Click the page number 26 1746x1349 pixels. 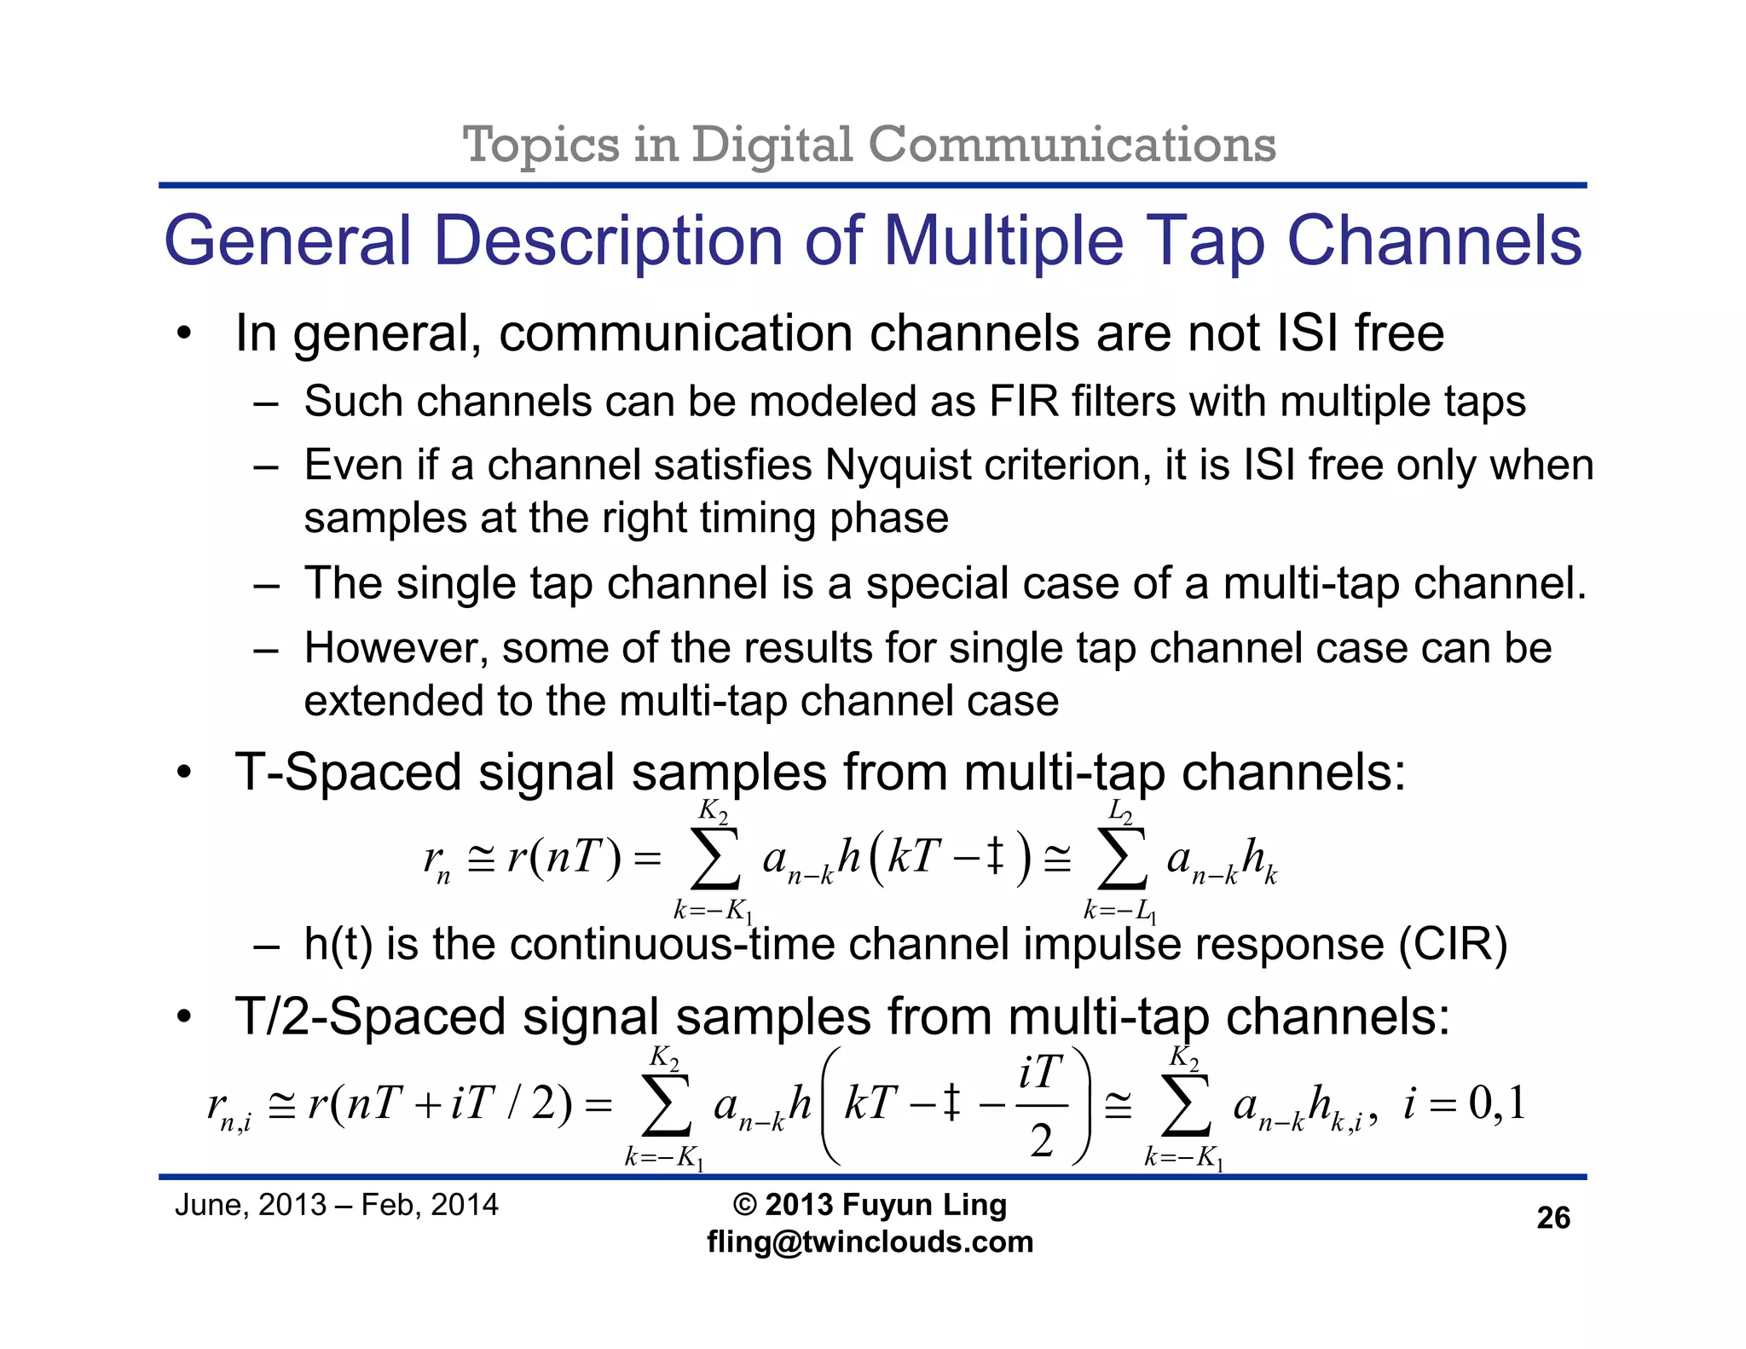[1552, 1218]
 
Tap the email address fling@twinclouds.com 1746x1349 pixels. [870, 1242]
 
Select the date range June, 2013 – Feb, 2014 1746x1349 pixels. [336, 1205]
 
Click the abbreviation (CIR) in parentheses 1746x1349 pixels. [1453, 945]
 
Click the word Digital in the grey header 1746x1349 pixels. [772, 144]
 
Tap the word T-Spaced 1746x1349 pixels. [348, 773]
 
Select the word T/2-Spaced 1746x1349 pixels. [370, 1016]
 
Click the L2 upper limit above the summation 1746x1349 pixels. [1120, 811]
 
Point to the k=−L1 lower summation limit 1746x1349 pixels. [1119, 912]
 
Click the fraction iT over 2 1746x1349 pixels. [1041, 1106]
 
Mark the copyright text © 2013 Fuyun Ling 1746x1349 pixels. [870, 1205]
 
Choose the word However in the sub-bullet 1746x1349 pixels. [396, 648]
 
